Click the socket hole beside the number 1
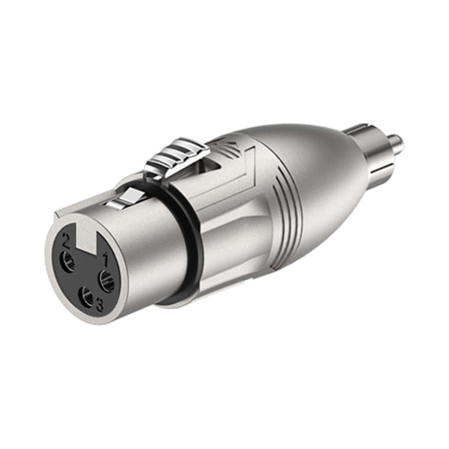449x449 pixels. point(106,281)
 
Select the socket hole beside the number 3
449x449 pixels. point(86,296)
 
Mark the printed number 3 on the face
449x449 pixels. point(99,306)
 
